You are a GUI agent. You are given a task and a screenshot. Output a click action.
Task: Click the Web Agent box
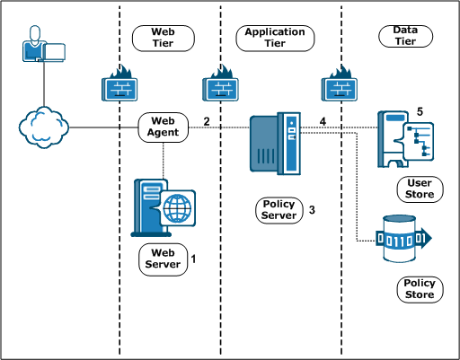[x=164, y=126]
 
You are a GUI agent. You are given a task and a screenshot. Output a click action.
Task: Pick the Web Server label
[x=164, y=259]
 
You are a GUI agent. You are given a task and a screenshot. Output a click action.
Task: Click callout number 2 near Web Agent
[x=207, y=121]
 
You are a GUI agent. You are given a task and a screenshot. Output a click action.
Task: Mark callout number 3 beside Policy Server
[x=312, y=210]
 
